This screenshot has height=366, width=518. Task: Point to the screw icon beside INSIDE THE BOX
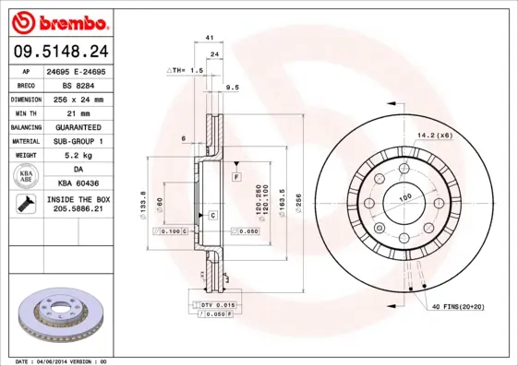point(22,205)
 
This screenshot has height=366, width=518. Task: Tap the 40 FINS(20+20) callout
point(458,305)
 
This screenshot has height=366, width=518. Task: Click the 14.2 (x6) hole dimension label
point(433,135)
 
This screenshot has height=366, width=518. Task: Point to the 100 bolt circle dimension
point(404,197)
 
